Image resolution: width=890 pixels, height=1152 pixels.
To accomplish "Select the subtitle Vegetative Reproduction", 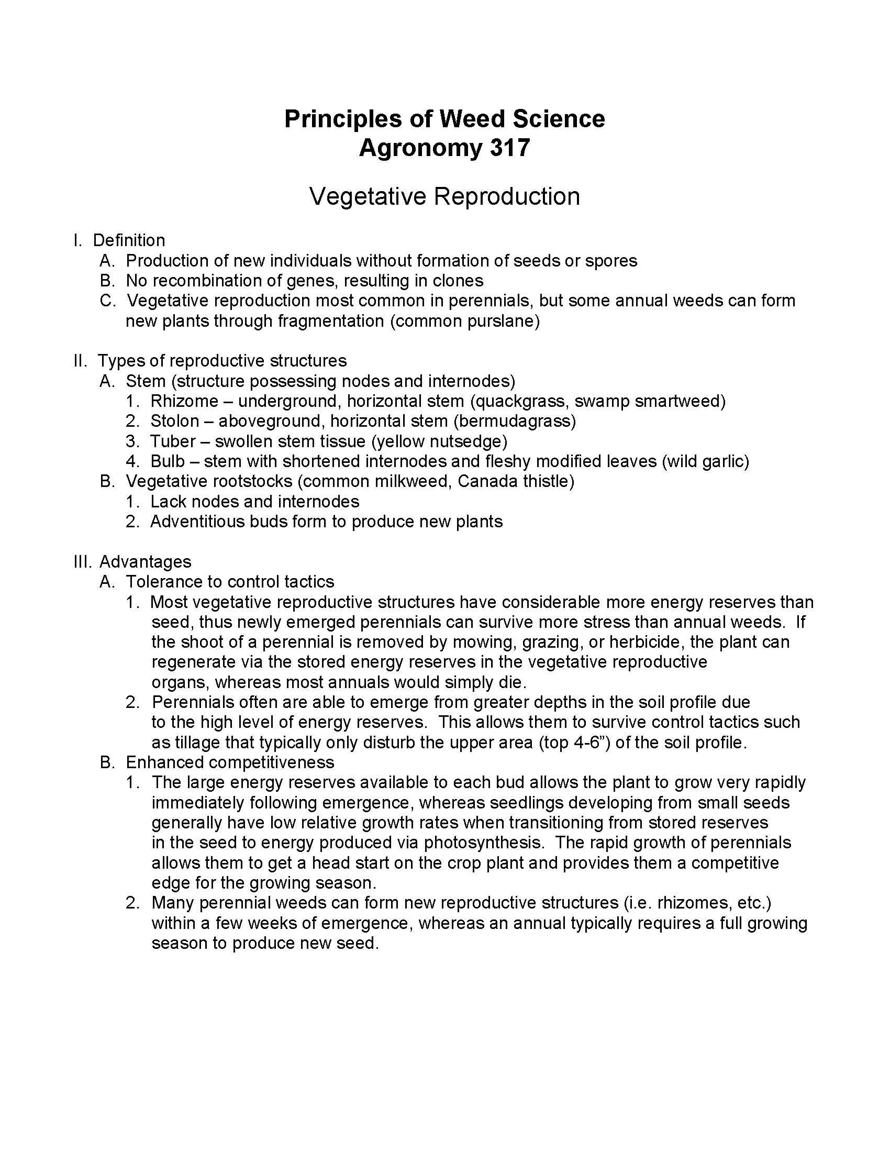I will click(x=444, y=196).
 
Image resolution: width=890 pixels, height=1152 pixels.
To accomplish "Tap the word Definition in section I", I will click(x=129, y=240).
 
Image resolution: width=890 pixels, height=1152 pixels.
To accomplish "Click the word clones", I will click(x=457, y=281).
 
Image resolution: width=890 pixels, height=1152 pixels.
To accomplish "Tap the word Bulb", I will click(x=168, y=461).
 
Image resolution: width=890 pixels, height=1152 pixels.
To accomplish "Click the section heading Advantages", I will click(x=145, y=561).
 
